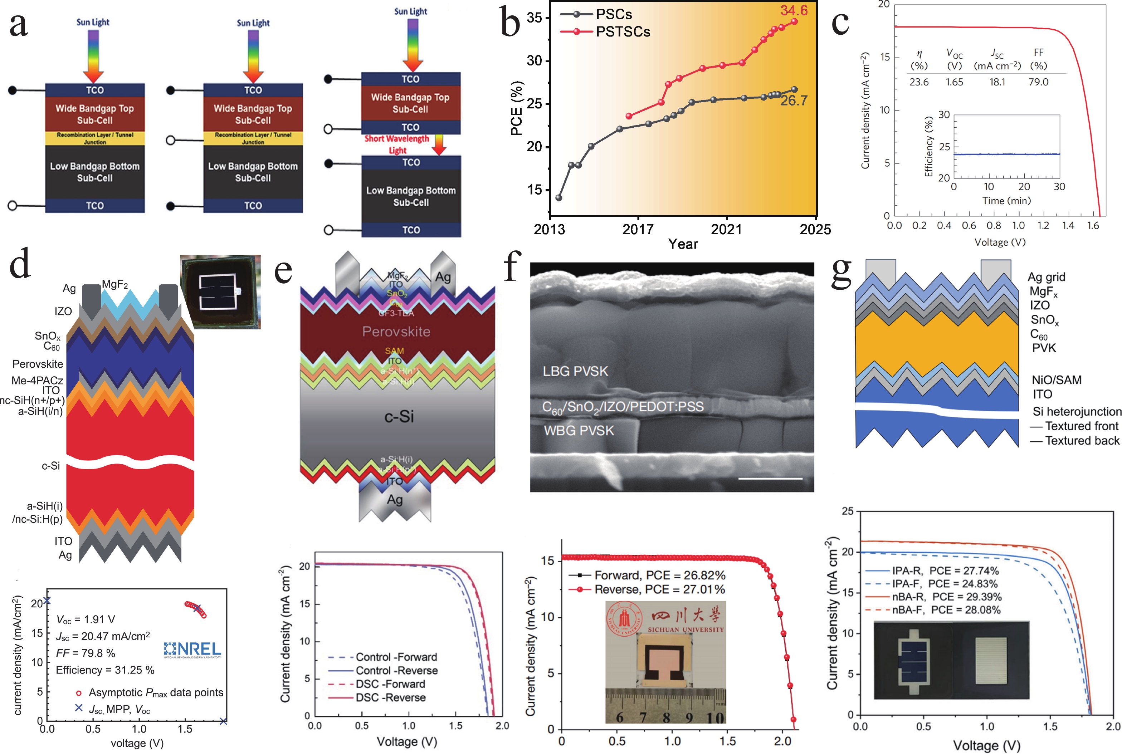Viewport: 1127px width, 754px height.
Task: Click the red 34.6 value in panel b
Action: point(794,10)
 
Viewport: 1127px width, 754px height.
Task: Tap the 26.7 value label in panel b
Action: point(794,101)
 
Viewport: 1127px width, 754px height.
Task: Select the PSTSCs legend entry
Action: point(623,32)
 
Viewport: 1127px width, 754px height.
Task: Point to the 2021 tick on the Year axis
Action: point(726,229)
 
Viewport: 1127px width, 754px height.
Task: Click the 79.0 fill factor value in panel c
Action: point(1039,82)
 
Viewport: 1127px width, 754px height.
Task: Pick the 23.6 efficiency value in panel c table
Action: point(919,82)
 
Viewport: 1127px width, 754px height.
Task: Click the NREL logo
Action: point(192,650)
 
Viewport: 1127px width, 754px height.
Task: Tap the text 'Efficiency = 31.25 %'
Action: point(105,670)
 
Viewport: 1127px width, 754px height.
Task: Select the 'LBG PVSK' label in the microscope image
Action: point(575,371)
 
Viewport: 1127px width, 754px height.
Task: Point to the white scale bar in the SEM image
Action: point(770,479)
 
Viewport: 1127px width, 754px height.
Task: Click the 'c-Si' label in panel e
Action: point(399,416)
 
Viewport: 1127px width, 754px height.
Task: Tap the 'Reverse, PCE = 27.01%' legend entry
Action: point(659,589)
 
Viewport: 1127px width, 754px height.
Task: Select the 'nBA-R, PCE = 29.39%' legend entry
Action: point(946,597)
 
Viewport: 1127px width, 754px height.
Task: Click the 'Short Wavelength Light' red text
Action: point(397,144)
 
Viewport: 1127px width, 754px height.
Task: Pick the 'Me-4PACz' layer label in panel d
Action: point(37,380)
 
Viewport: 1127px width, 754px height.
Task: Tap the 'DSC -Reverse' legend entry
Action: point(390,697)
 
